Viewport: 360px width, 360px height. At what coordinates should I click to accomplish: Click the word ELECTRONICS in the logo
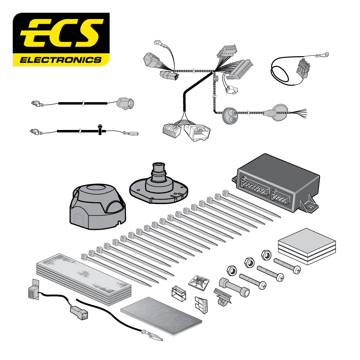click(61, 60)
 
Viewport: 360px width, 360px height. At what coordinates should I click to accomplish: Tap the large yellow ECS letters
click(62, 33)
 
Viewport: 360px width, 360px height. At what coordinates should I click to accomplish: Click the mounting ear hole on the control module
click(311, 207)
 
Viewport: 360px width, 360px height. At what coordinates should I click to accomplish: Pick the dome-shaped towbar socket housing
click(98, 206)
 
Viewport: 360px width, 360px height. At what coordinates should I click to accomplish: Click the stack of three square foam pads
click(307, 246)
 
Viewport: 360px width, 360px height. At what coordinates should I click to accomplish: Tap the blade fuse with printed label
click(202, 304)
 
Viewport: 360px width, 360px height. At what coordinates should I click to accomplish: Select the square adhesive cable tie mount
click(199, 282)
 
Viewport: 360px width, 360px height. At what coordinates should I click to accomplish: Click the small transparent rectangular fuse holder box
click(179, 293)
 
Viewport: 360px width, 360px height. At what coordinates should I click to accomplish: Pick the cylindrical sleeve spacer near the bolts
click(234, 287)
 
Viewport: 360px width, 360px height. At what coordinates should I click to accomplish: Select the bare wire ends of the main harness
click(298, 113)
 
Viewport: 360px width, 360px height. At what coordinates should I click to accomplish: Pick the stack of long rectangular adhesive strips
click(84, 279)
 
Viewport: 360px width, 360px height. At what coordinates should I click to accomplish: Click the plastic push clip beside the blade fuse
click(222, 297)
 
